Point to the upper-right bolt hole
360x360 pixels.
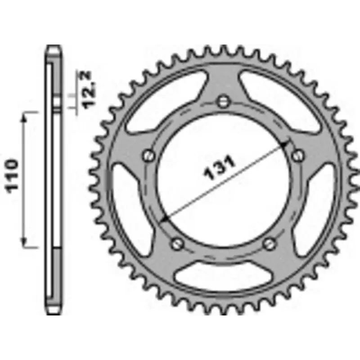297,155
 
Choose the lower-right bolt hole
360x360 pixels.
269,243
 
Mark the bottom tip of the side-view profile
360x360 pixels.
53,313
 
